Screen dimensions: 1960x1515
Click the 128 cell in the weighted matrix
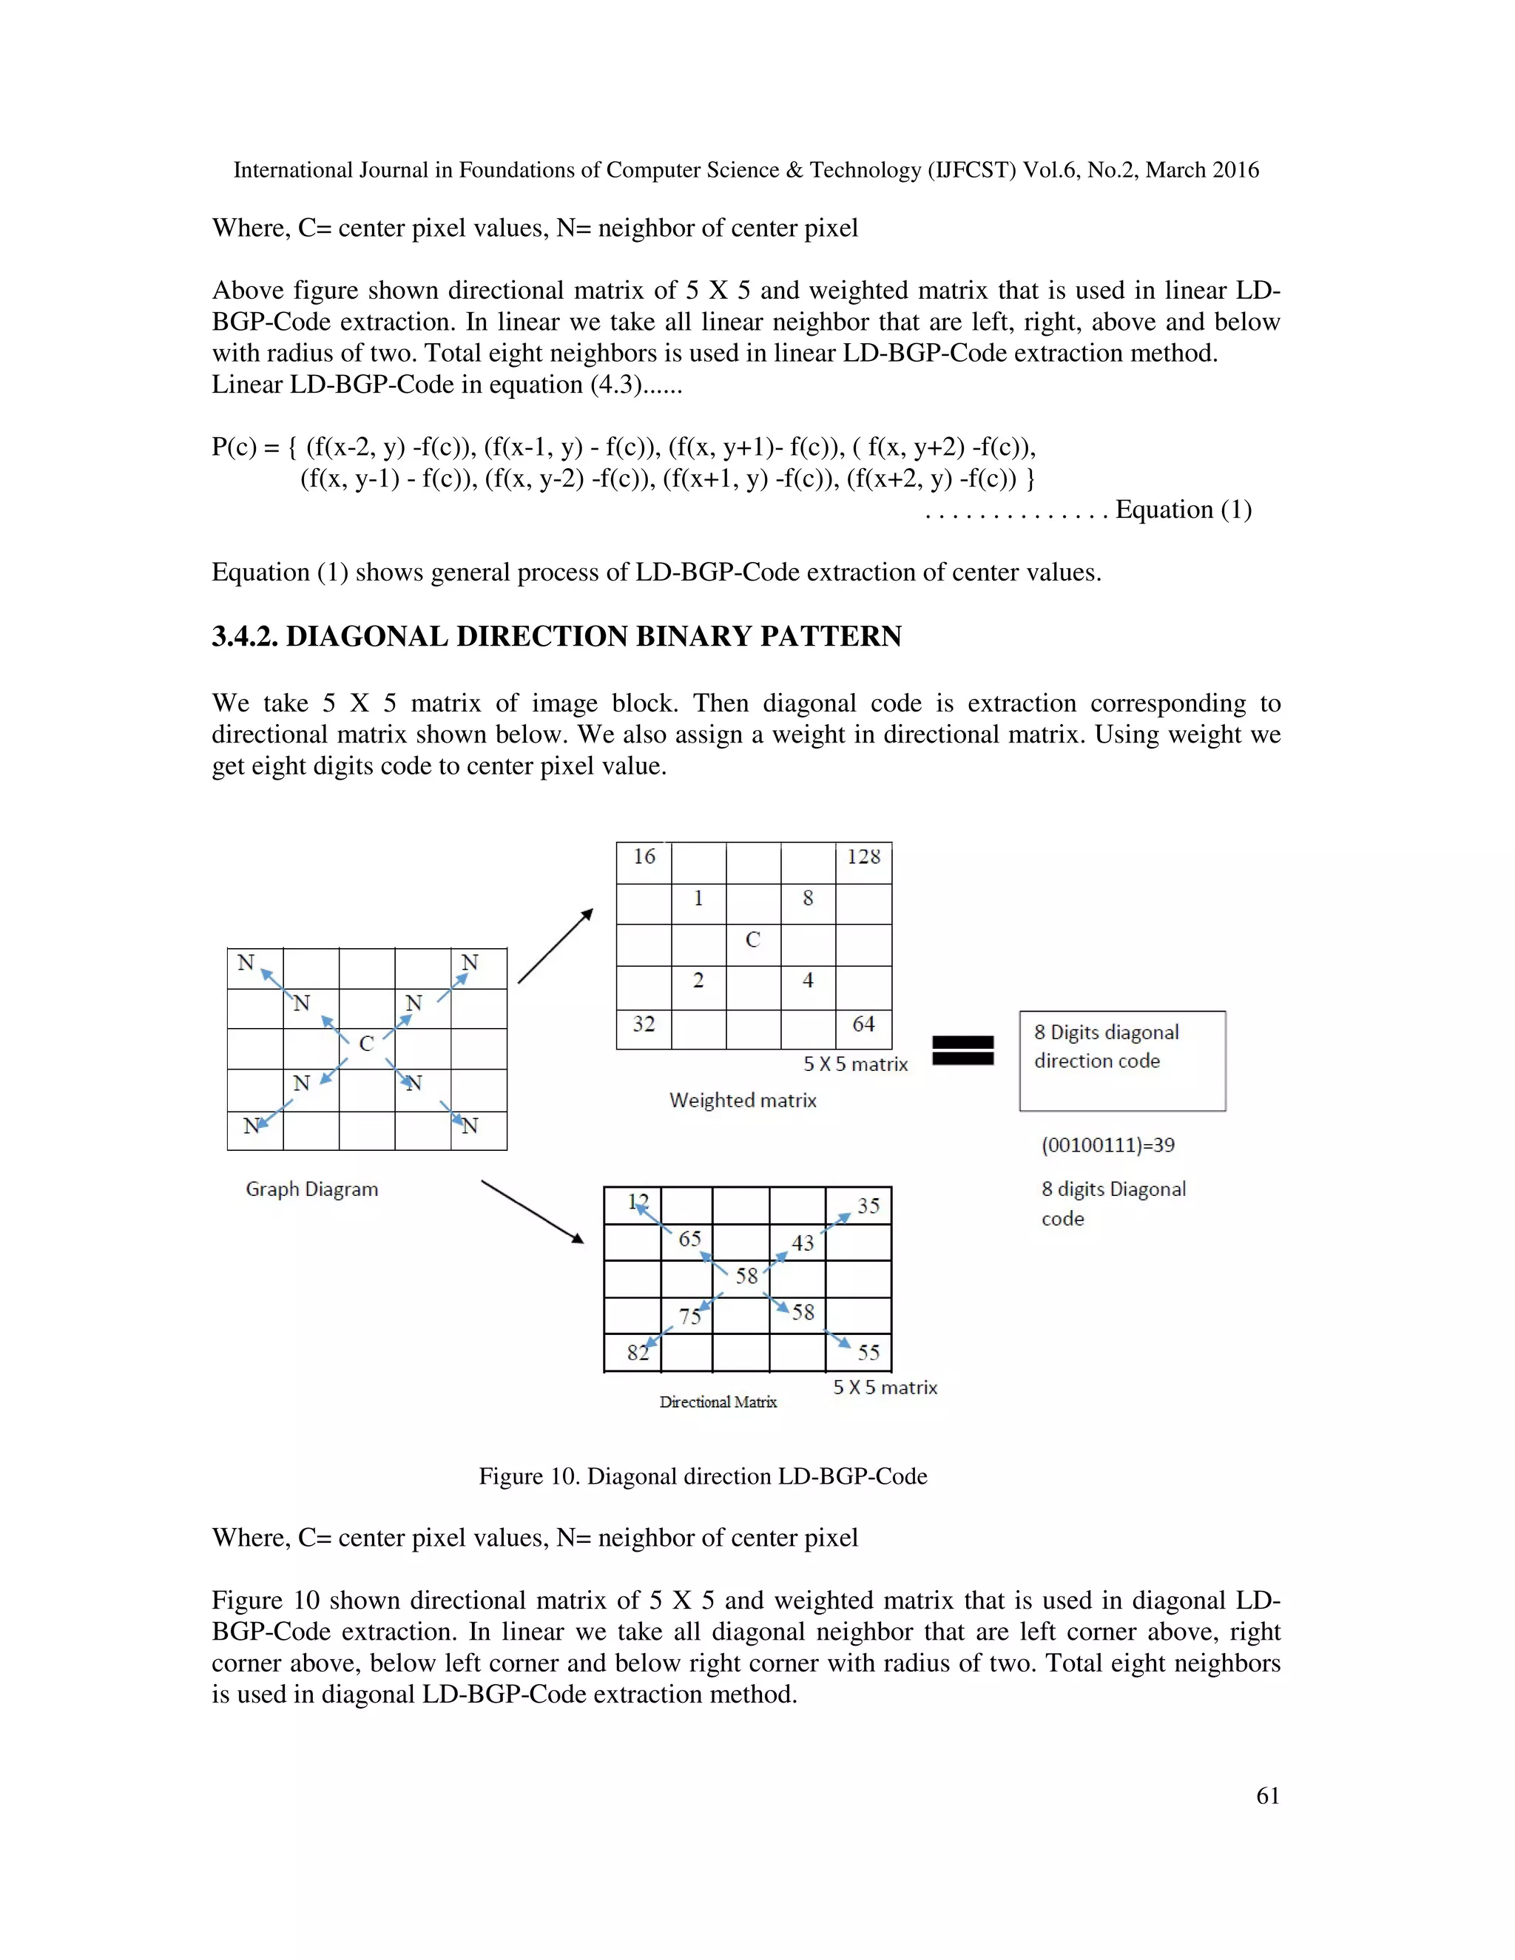(863, 857)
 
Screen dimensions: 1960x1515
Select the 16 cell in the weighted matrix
(644, 857)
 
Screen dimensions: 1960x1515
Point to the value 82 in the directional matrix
(637, 1353)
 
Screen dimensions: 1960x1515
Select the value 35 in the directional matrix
(868, 1206)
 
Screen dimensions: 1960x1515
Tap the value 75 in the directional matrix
(689, 1317)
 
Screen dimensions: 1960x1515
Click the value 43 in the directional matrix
(803, 1243)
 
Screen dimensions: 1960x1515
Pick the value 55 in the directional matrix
(868, 1353)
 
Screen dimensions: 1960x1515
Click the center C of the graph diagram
(366, 1044)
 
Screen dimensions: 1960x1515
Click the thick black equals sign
(963, 1050)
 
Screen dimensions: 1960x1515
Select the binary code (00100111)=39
(1107, 1145)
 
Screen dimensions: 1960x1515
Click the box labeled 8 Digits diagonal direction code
(1122, 1061)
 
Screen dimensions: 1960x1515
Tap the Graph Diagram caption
(311, 1189)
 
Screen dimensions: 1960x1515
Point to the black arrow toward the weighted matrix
(556, 946)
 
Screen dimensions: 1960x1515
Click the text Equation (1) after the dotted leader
(1182, 510)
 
